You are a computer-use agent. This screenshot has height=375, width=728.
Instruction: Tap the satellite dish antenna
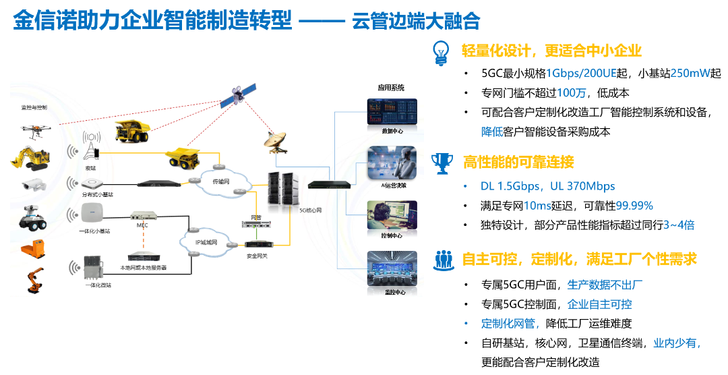[274, 139]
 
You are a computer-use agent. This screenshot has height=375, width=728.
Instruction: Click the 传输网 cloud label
[222, 182]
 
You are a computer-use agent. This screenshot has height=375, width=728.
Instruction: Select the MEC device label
[142, 225]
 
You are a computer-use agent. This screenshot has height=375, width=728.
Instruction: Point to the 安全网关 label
[255, 256]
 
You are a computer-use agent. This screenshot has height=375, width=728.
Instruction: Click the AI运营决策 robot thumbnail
[392, 163]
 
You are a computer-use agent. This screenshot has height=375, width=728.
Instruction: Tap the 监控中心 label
[392, 292]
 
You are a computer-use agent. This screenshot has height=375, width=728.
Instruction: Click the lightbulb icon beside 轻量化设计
[442, 51]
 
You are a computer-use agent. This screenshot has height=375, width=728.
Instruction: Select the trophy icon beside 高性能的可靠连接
[442, 162]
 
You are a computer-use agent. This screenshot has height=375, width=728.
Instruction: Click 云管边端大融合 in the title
[416, 22]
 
